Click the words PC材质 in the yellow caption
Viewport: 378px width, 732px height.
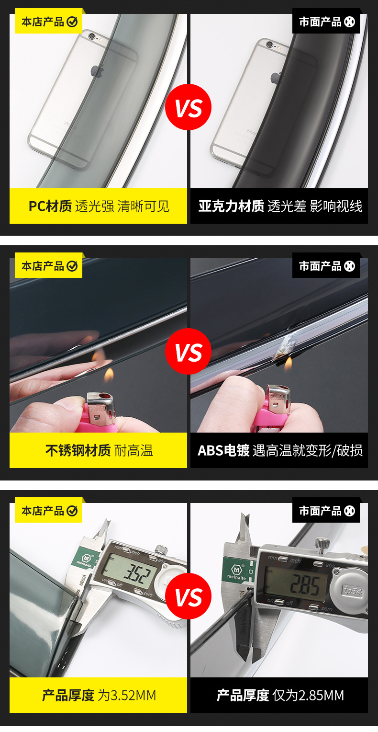pyautogui.click(x=50, y=206)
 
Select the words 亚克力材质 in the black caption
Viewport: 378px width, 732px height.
pyautogui.click(x=231, y=206)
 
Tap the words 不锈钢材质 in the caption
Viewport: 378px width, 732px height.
pyautogui.click(x=78, y=450)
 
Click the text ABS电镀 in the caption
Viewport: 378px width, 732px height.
pyautogui.click(x=223, y=450)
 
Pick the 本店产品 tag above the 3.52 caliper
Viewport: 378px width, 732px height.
pyautogui.click(x=49, y=511)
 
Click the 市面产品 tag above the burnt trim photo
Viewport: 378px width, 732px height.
pyautogui.click(x=326, y=266)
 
